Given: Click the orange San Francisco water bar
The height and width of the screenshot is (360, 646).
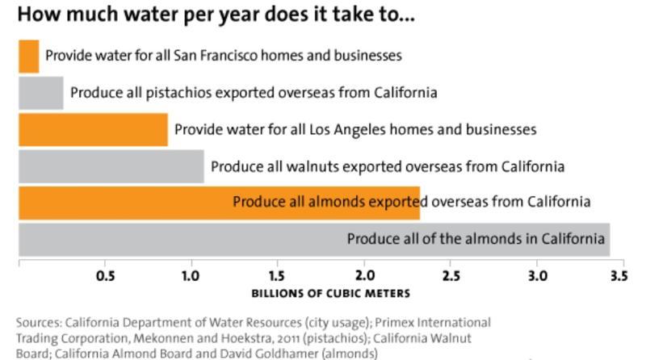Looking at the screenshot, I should click(28, 56).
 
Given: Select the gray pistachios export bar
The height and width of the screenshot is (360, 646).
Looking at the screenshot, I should click(40, 93).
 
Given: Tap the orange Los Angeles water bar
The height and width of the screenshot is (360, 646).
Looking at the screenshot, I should click(93, 129).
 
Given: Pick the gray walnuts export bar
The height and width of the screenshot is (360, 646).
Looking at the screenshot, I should click(111, 166).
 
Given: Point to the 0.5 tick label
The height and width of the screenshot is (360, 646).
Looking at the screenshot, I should click(105, 275).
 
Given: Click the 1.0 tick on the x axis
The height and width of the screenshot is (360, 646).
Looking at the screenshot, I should click(191, 275).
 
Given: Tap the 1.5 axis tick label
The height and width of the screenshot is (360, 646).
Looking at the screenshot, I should click(278, 275).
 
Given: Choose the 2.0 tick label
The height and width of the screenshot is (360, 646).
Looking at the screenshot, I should click(364, 275).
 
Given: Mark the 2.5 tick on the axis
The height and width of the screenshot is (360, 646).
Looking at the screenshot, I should click(451, 275).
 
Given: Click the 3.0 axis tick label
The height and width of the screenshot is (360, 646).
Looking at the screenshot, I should click(537, 275).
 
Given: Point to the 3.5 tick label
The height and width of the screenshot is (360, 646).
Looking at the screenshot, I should click(619, 275).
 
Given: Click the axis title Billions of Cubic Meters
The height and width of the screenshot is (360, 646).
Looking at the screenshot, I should click(319, 293).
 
